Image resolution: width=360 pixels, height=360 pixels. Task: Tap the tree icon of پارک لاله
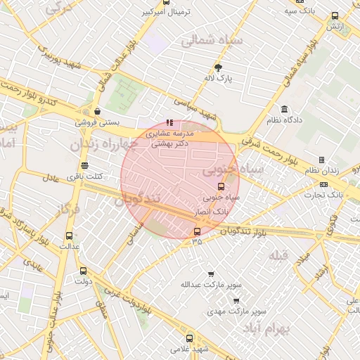(x=218, y=67)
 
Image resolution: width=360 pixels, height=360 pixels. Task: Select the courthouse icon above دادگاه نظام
(x=284, y=110)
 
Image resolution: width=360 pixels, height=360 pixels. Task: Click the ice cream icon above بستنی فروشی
(x=97, y=111)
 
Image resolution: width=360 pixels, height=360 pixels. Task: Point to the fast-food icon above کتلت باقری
(x=85, y=165)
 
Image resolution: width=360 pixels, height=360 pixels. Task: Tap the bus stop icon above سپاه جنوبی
(x=221, y=186)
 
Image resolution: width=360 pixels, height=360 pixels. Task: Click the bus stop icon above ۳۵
(x=196, y=231)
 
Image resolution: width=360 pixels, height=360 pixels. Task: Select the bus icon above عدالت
(x=69, y=236)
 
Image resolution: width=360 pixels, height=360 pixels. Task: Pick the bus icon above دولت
(x=84, y=271)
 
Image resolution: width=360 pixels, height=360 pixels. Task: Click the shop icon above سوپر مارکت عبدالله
(x=211, y=274)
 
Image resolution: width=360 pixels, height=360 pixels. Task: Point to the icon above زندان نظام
(x=321, y=160)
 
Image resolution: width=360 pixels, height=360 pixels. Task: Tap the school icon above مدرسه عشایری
(x=169, y=122)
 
